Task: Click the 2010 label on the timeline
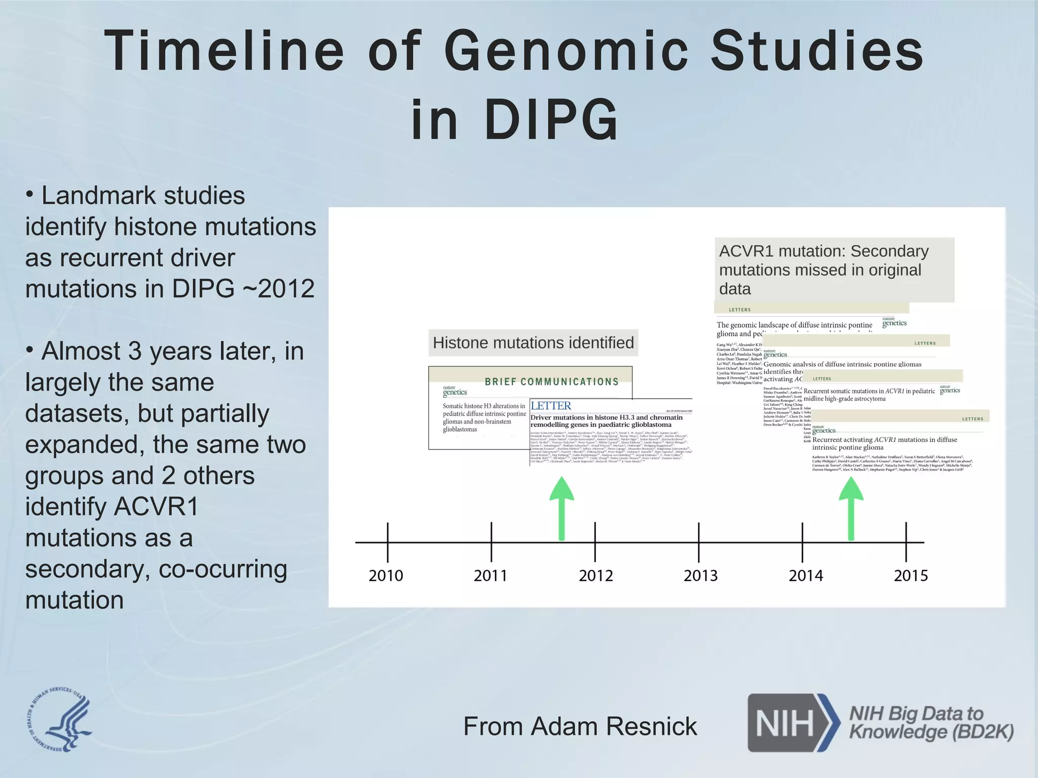click(386, 575)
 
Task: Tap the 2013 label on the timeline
click(700, 575)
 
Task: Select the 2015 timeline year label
click(911, 575)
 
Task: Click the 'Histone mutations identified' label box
click(533, 343)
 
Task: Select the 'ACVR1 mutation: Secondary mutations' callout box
click(834, 269)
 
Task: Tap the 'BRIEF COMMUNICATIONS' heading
click(551, 382)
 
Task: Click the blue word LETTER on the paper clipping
click(551, 406)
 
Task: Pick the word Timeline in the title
click(223, 51)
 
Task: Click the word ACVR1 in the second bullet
click(156, 507)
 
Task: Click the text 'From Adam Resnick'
click(580, 726)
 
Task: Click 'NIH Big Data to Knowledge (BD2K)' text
click(931, 722)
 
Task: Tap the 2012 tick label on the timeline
click(596, 575)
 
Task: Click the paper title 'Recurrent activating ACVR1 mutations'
click(884, 443)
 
